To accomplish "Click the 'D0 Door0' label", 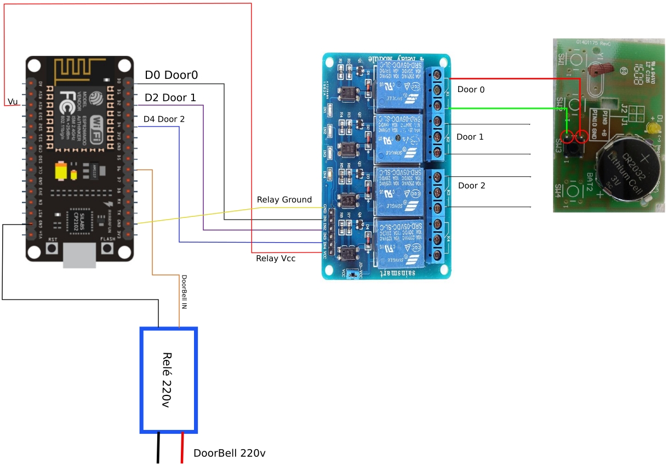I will click(171, 76).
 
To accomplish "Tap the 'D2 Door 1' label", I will click(170, 98).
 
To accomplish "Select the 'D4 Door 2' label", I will click(164, 119).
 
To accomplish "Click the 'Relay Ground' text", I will click(284, 200).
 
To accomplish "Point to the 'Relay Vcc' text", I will click(276, 259).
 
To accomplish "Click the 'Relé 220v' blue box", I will click(169, 380).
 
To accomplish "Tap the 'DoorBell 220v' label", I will click(229, 453).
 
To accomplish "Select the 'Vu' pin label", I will click(12, 102).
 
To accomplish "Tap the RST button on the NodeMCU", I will click(53, 248).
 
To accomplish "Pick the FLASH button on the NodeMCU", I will click(107, 248).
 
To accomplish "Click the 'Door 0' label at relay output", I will click(471, 89).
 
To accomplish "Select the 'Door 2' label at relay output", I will click(471, 186).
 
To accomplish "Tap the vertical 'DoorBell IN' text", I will click(184, 292).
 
